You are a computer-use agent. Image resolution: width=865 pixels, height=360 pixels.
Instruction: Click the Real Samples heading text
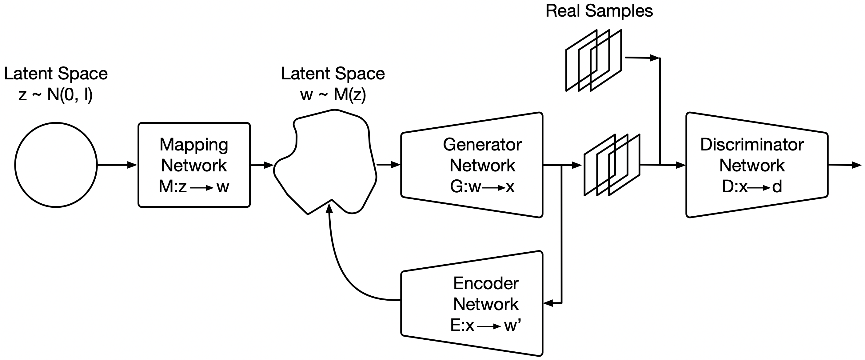pos(599,11)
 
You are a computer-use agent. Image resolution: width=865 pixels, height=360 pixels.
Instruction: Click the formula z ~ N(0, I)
pos(56,95)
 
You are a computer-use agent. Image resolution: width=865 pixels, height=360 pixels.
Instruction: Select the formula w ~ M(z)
pos(333,95)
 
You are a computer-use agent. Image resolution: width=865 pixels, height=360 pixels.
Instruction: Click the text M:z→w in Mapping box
pos(194,187)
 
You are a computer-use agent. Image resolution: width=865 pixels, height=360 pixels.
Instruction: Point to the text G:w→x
pos(482,187)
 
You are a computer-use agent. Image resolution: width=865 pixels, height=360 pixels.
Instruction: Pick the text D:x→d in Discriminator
pos(752,187)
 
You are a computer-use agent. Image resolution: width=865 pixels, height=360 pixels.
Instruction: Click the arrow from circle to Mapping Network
pos(117,165)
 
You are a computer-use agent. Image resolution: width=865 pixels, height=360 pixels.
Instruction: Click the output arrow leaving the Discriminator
pos(845,165)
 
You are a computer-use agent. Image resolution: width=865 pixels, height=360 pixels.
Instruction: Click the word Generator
pos(482,145)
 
